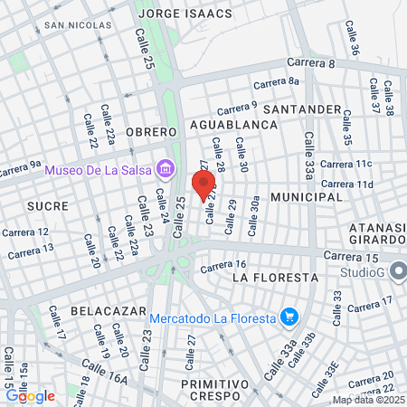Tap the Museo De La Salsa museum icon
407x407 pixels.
(165, 167)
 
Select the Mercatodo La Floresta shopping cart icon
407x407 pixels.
(289, 316)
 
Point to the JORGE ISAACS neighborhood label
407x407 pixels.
(185, 14)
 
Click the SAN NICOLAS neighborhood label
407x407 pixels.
(73, 25)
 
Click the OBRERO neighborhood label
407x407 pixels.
(148, 132)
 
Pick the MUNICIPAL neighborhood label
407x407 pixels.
(306, 196)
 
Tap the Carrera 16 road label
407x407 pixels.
(223, 265)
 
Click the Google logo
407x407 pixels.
(30, 395)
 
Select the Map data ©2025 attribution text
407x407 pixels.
(369, 400)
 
